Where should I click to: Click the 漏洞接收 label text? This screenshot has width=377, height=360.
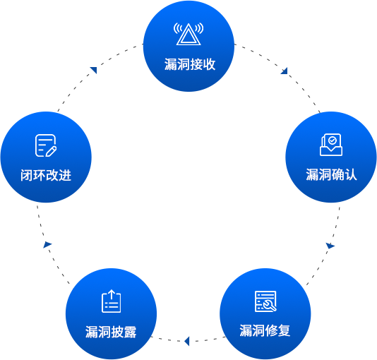190,64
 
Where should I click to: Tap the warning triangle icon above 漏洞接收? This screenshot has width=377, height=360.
188,34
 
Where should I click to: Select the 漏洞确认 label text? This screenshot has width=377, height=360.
331,174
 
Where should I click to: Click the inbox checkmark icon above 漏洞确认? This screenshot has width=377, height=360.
331,145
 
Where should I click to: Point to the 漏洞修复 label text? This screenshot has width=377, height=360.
265,330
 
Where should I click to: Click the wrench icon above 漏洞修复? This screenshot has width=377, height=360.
265,301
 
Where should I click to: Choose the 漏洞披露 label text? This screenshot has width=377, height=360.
111,332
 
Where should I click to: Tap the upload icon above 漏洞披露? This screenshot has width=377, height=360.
112,301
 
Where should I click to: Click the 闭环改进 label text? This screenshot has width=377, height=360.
46,175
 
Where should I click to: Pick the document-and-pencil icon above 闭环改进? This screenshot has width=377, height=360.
46,145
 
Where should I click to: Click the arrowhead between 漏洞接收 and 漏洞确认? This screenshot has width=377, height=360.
285,71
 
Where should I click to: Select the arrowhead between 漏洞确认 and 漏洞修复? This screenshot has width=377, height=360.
330,246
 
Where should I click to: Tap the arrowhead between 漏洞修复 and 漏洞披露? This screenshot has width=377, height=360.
187,341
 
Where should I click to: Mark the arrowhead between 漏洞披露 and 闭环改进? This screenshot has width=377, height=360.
47,245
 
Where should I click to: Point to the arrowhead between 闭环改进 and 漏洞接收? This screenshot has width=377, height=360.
93,70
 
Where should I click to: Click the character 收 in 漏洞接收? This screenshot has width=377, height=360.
209,64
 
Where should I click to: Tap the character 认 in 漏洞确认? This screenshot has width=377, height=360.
351,174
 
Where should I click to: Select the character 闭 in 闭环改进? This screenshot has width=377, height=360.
27,175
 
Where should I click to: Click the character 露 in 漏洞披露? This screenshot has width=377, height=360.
131,332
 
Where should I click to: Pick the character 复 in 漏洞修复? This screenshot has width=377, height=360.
285,330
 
